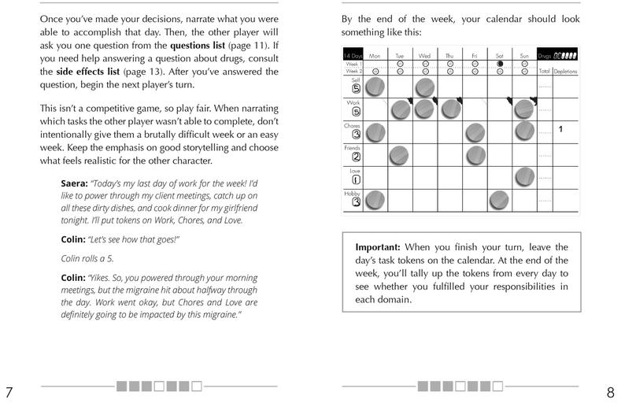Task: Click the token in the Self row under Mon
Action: click(x=375, y=87)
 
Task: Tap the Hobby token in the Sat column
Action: click(x=498, y=201)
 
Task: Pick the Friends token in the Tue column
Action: click(x=400, y=153)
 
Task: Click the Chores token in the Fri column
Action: click(x=474, y=131)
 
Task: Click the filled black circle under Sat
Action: click(x=499, y=64)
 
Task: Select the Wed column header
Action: click(x=424, y=56)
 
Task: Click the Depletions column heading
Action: click(x=564, y=70)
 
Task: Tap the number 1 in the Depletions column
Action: click(x=560, y=128)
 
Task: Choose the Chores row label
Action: click(x=352, y=125)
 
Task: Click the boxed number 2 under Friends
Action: click(x=356, y=156)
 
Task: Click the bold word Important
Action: click(x=381, y=246)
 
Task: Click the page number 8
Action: click(x=611, y=391)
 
